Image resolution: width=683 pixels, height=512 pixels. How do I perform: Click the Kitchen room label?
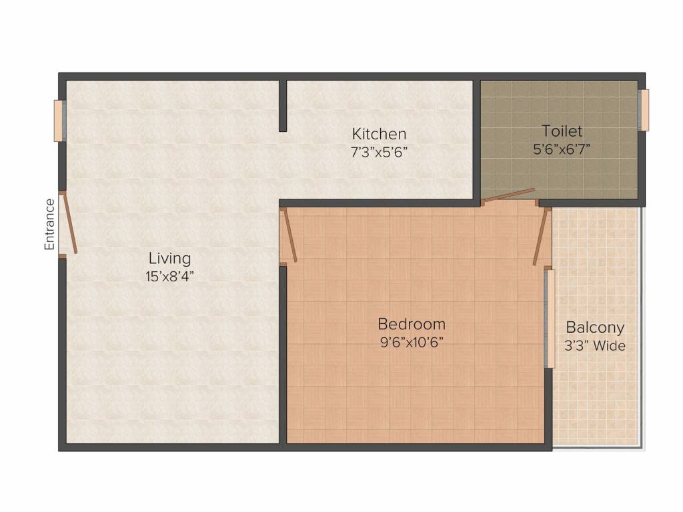379,133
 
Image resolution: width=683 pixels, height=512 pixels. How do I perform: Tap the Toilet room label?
562,131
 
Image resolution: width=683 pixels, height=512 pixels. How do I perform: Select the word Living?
169,258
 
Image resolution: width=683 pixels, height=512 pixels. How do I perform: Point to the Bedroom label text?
412,324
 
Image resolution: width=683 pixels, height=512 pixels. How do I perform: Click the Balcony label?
595,327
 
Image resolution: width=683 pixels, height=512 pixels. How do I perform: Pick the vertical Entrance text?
49,225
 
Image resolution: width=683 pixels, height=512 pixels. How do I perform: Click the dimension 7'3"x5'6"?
379,152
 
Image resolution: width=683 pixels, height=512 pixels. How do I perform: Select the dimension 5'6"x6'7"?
562,149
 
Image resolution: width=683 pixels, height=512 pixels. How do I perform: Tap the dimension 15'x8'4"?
169,276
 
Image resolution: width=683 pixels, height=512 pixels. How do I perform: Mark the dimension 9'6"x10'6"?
412,343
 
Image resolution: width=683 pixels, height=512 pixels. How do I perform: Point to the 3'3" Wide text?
595,346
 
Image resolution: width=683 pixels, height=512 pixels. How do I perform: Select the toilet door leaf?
510,195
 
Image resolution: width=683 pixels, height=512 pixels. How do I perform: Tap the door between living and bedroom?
289,235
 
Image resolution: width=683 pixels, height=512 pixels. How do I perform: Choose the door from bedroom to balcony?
540,237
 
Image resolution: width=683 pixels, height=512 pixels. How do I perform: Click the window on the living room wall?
59,121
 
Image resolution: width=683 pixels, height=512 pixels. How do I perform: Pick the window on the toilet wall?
644,110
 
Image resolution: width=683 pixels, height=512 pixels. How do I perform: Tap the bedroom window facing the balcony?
550,317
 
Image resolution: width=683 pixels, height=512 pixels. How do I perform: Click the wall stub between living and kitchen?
283,105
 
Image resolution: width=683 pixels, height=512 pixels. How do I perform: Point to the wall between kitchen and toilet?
477,140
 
